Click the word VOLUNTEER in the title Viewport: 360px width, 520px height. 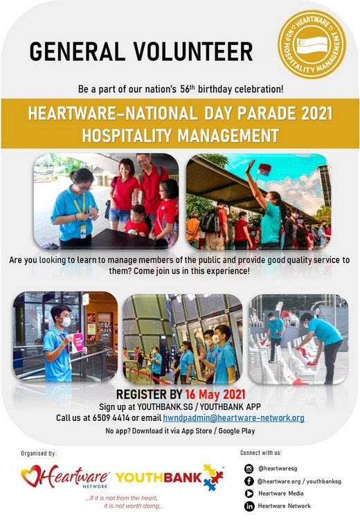click(x=193, y=51)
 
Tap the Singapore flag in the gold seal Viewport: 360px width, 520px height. click(x=312, y=45)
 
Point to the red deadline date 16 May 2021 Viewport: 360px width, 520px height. click(x=215, y=394)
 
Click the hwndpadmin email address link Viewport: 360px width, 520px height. click(x=233, y=418)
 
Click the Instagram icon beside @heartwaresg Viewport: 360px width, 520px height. click(x=249, y=468)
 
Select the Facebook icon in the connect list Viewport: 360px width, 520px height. click(x=249, y=481)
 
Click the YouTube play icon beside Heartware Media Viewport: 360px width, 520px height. click(x=249, y=494)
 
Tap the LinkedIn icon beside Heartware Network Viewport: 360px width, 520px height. click(x=249, y=506)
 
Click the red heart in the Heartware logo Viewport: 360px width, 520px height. click(x=31, y=476)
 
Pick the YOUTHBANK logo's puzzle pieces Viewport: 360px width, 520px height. click(x=213, y=477)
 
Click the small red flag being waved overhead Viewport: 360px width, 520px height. click(x=264, y=169)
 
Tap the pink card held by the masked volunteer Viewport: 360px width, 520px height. click(x=78, y=342)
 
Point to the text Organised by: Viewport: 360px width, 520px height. click(x=39, y=454)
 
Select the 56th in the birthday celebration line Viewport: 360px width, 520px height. click(x=188, y=89)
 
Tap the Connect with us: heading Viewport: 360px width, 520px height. click(x=261, y=453)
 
